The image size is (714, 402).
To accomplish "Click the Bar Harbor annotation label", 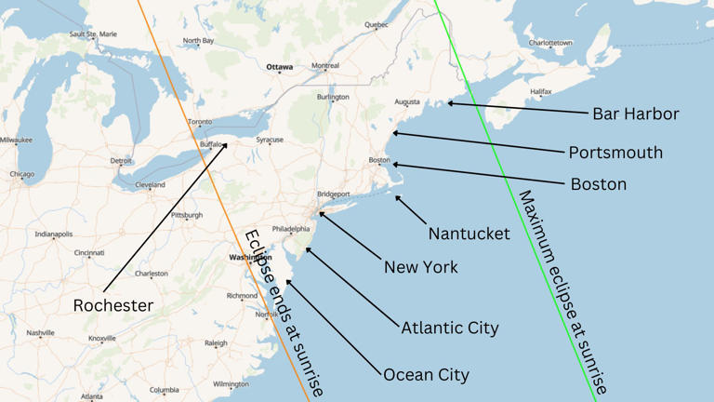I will pos(635,114).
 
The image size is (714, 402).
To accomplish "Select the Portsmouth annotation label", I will pos(615,152).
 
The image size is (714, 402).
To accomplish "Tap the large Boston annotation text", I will pos(598,184).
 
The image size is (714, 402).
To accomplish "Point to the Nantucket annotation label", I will pos(469,234).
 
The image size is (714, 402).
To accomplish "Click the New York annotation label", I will pos(420,267).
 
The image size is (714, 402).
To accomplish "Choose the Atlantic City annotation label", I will pos(449,328).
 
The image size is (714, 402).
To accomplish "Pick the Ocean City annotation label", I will pos(426,375).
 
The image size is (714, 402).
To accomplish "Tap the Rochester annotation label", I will pos(112,305).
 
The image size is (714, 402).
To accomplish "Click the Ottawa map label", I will pos(279,68).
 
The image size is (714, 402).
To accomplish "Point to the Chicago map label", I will pos(21,174).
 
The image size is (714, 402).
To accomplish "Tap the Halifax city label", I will pos(540,92).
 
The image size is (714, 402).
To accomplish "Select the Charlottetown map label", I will pos(550,43).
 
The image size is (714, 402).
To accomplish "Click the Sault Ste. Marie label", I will pos(93,34).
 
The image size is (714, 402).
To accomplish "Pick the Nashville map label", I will pos(40,333).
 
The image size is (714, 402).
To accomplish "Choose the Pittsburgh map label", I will pos(186,215).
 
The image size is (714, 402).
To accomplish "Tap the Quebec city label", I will pos(376,24).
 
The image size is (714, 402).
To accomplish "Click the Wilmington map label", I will pos(231,383).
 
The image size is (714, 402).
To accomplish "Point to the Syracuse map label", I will pos(270,140).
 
